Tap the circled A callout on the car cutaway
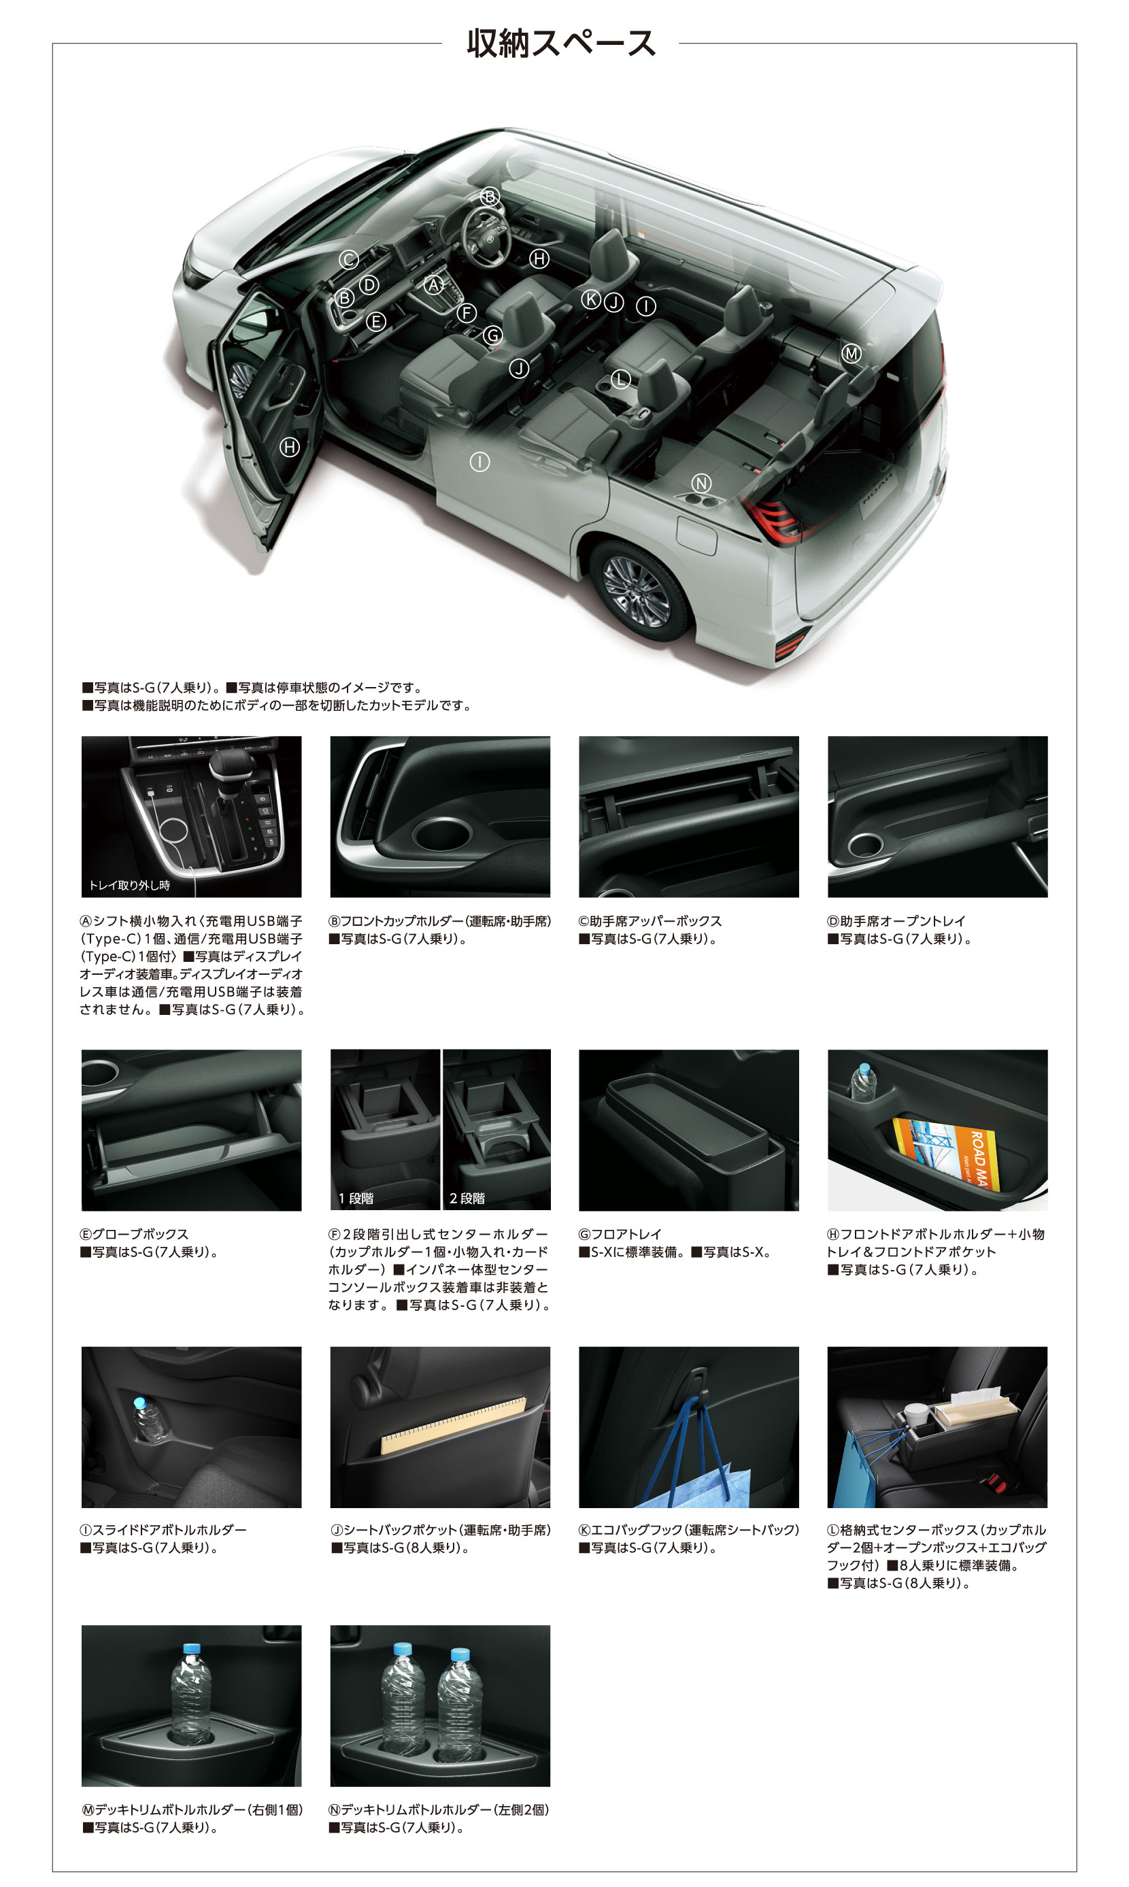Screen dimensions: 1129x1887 click(434, 284)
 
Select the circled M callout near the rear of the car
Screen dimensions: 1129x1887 click(852, 353)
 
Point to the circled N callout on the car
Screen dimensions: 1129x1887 click(701, 482)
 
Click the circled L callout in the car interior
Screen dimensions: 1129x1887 click(621, 378)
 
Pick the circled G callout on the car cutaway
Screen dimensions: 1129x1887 click(493, 335)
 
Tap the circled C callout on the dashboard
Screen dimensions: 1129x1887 click(348, 259)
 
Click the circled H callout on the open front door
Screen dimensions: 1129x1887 click(289, 447)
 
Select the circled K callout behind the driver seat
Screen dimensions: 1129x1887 click(591, 299)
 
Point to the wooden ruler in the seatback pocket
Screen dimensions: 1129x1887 click(454, 1425)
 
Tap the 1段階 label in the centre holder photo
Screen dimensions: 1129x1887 click(356, 1199)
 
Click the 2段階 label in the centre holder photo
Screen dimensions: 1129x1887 click(467, 1199)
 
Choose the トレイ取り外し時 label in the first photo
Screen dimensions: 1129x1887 click(129, 885)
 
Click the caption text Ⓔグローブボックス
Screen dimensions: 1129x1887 click(134, 1234)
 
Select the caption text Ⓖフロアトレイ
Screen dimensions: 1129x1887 click(620, 1234)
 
